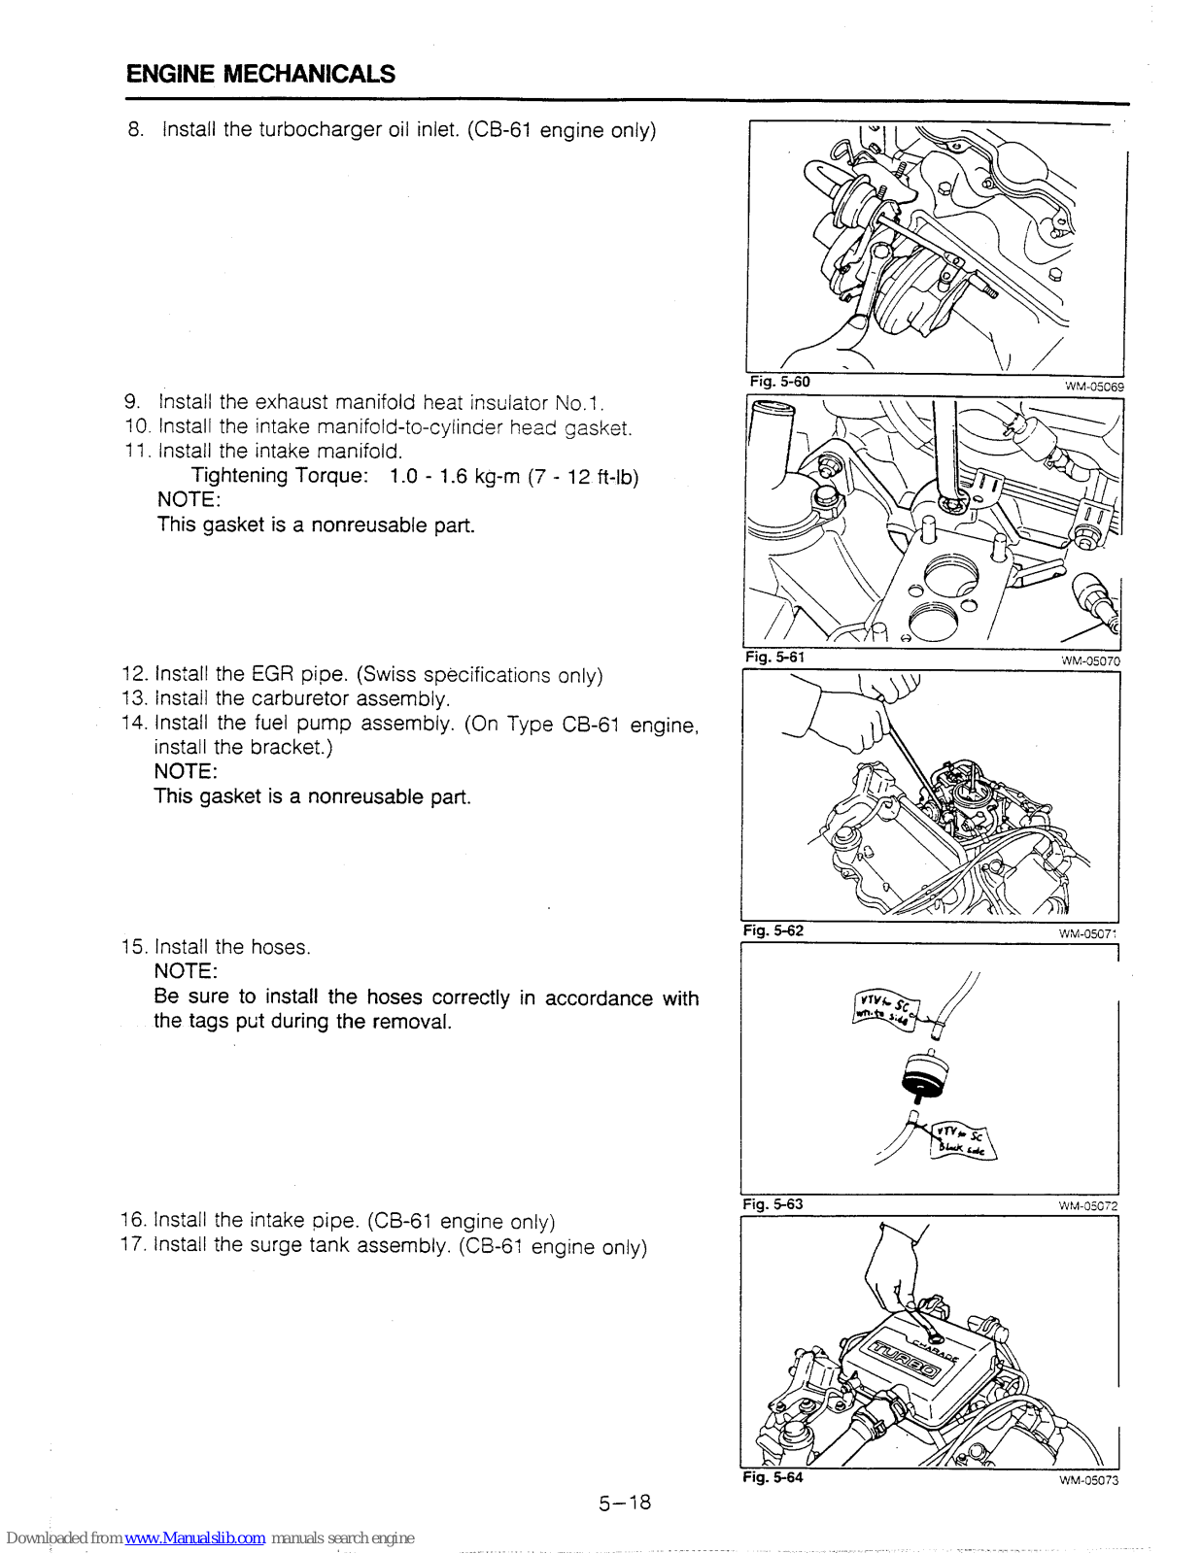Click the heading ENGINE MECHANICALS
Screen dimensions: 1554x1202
[x=260, y=74]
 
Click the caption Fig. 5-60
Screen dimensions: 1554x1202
[x=779, y=382]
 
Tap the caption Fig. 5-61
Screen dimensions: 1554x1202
[x=774, y=658]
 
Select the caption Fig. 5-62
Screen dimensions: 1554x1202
[x=773, y=930]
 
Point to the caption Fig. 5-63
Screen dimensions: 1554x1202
[x=773, y=1204]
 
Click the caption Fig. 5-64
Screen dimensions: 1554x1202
[x=773, y=1477]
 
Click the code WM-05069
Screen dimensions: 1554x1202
[x=1093, y=387]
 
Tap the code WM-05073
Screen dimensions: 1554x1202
[x=1088, y=1480]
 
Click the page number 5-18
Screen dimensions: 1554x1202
[x=625, y=1503]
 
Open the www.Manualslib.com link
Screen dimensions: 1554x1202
[x=194, y=1537]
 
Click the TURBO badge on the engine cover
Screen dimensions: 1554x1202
[x=905, y=1359]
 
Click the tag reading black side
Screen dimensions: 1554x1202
[x=962, y=1141]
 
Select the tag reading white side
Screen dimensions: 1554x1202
[x=885, y=1008]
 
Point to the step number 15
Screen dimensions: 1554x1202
[x=133, y=947]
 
